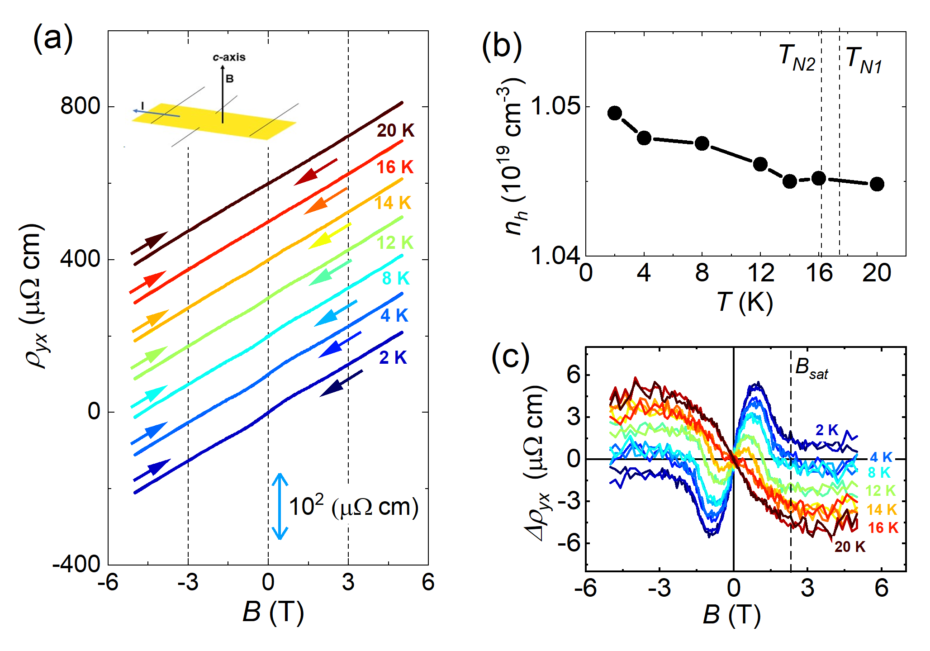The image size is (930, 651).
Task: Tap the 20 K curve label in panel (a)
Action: tap(395, 130)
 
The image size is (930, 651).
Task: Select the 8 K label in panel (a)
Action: tap(395, 278)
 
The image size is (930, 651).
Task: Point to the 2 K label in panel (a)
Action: tap(393, 357)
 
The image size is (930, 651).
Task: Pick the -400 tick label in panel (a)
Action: tap(76, 564)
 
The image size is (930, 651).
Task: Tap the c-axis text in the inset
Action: tap(229, 57)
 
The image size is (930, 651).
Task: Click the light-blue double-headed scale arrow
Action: tap(280, 506)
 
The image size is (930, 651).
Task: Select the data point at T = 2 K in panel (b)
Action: tap(614, 113)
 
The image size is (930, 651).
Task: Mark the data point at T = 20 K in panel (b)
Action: tap(877, 184)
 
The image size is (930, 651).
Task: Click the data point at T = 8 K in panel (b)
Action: tap(702, 143)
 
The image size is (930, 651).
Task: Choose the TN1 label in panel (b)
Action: tap(864, 60)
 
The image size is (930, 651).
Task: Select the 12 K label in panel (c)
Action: tap(880, 490)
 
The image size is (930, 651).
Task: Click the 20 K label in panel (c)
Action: tap(849, 546)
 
